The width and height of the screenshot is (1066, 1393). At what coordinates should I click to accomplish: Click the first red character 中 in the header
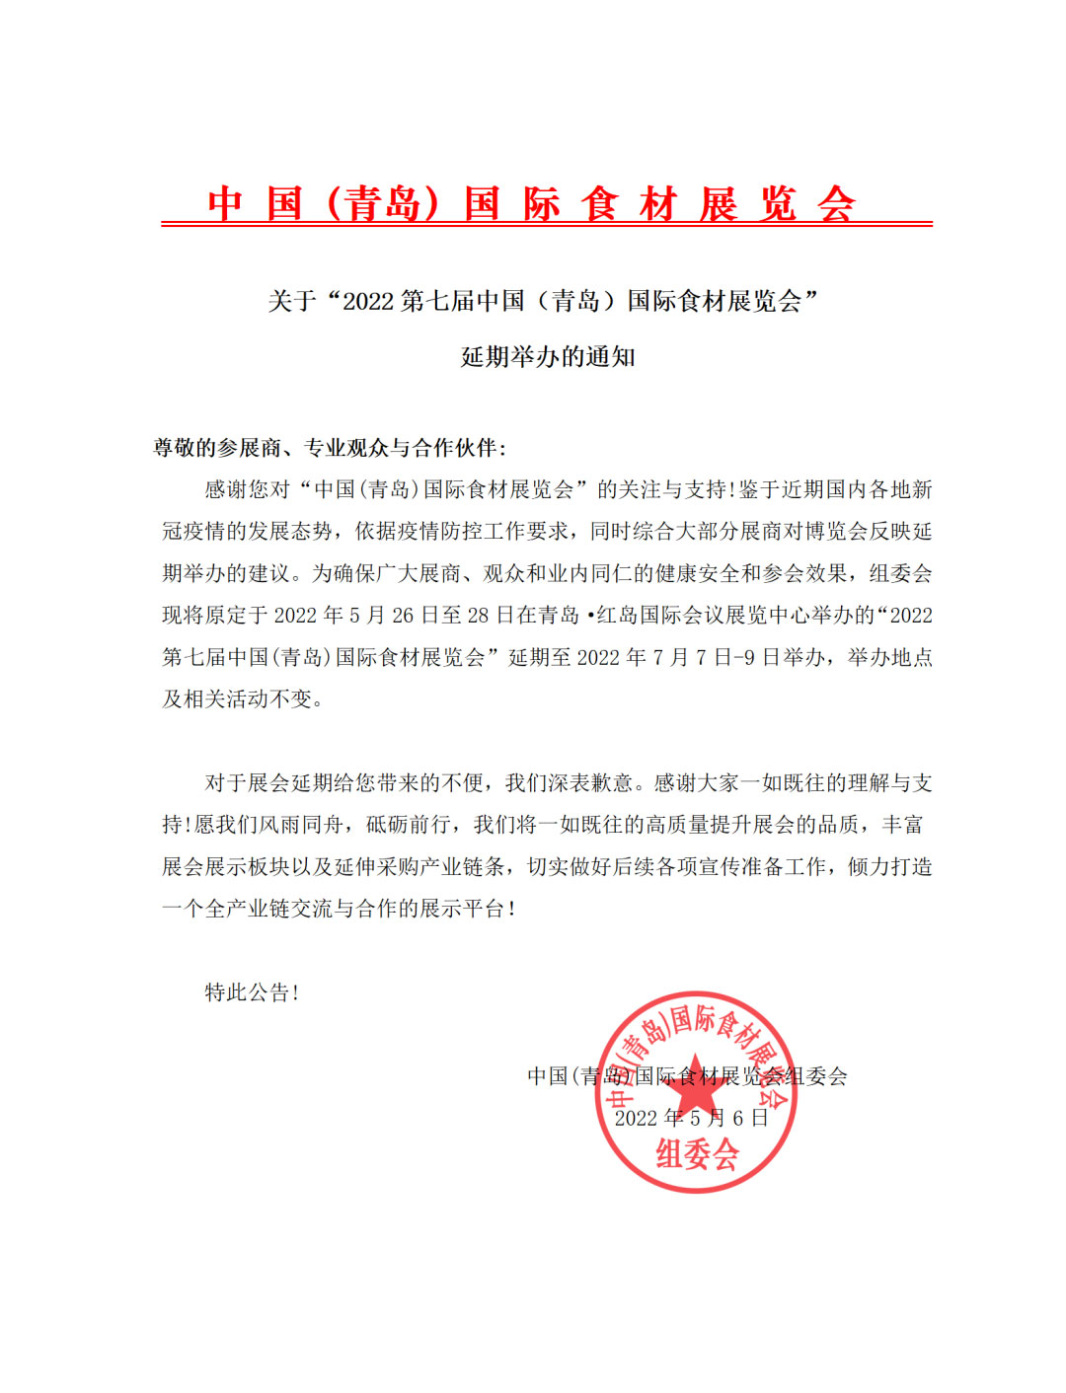coord(225,204)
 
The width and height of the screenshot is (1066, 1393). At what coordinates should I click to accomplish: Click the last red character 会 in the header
coord(836,204)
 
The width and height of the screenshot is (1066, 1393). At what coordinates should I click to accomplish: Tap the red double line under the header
coord(547,224)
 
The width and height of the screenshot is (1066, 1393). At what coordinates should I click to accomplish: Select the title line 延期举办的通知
coord(548,357)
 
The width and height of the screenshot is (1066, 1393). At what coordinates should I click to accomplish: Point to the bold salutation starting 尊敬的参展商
coord(330,448)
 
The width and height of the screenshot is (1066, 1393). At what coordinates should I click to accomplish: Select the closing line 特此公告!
coord(252,992)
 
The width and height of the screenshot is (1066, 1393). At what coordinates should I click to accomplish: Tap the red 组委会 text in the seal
coord(697,1153)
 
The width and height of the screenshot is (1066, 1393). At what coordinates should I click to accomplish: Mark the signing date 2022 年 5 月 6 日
coord(691,1118)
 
